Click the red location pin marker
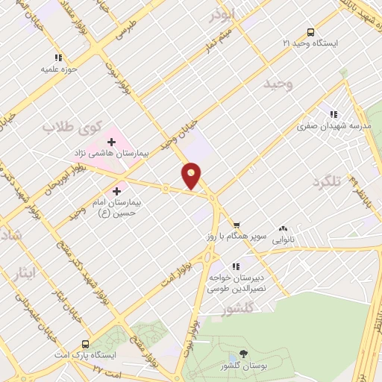(192, 176)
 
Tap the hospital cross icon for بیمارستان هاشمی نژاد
(111, 140)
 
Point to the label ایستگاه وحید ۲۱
(310, 44)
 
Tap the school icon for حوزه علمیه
(57, 57)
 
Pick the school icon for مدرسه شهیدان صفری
(334, 114)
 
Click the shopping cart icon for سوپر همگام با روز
(236, 224)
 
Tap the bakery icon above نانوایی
(283, 229)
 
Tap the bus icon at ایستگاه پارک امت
(86, 345)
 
